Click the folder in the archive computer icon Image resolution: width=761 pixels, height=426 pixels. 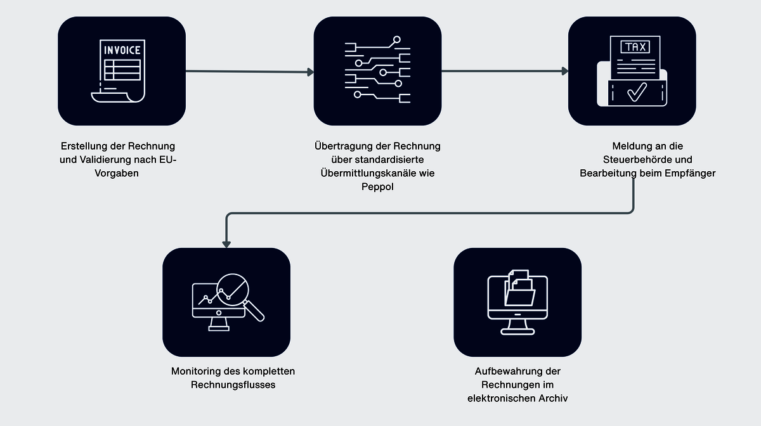click(520, 293)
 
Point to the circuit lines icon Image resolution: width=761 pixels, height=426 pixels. click(377, 70)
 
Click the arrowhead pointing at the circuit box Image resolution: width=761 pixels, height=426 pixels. click(310, 72)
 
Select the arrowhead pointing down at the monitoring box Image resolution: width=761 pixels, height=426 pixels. click(226, 244)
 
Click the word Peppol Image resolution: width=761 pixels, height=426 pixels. click(377, 186)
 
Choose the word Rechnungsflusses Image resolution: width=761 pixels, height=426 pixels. click(233, 385)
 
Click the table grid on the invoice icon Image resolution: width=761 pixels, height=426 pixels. click(122, 68)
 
